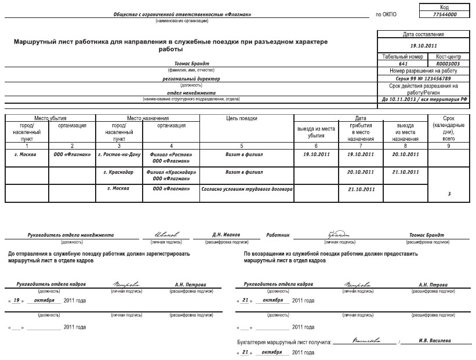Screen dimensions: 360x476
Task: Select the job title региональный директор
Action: coord(191,78)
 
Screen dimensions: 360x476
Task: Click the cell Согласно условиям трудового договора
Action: coord(246,189)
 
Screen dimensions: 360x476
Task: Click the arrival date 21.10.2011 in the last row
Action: coord(361,189)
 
